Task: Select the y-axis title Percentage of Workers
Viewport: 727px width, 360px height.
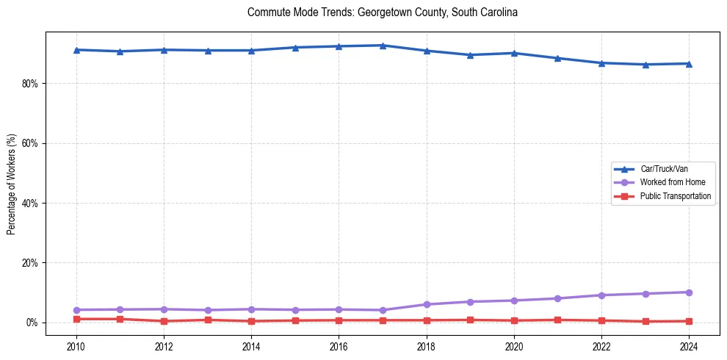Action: pyautogui.click(x=11, y=184)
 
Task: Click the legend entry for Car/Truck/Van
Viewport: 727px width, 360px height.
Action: pyautogui.click(x=664, y=169)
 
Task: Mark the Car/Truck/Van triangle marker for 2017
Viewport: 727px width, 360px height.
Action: pyautogui.click(x=383, y=46)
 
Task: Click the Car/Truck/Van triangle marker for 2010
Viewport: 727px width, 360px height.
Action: pyautogui.click(x=76, y=50)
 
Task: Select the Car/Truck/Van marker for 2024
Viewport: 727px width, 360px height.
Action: pyautogui.click(x=690, y=64)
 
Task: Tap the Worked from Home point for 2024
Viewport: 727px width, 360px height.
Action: pyautogui.click(x=690, y=292)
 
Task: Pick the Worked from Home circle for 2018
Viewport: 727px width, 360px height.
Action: pyautogui.click(x=427, y=304)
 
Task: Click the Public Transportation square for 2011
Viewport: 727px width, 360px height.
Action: pyautogui.click(x=120, y=319)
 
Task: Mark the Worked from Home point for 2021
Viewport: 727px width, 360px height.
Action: pyautogui.click(x=558, y=298)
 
